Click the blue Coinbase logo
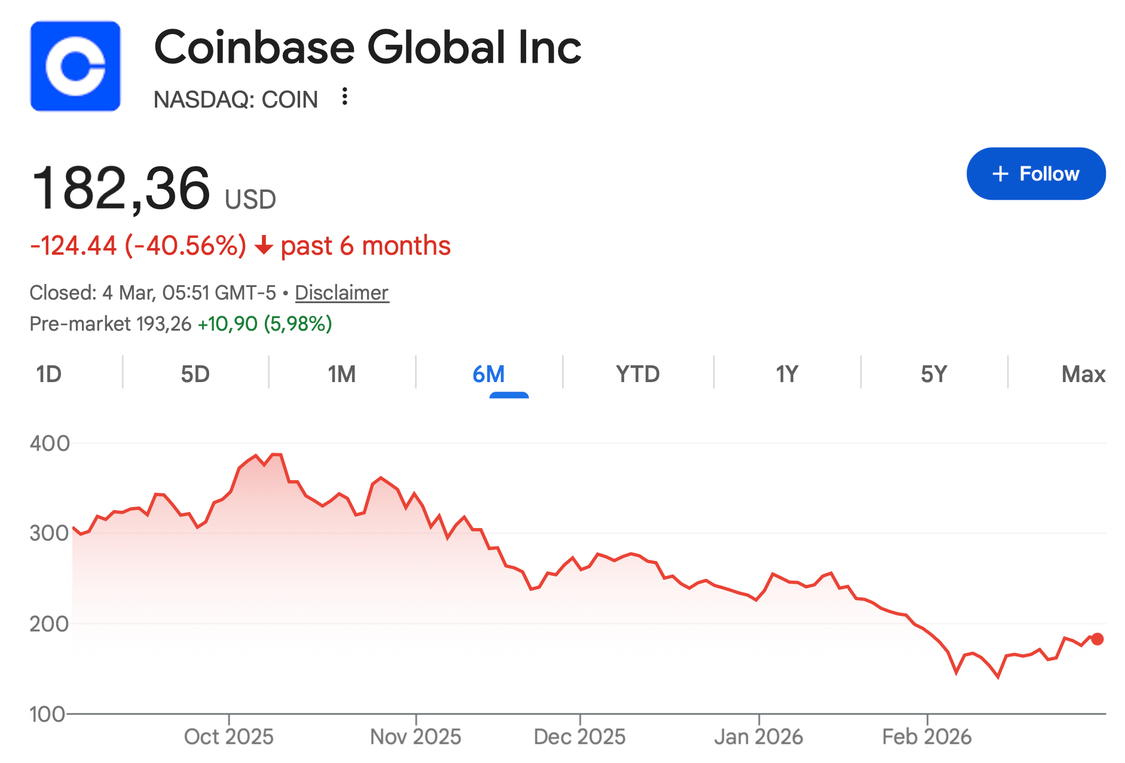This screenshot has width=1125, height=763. click(x=75, y=66)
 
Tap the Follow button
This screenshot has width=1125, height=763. click(x=1035, y=173)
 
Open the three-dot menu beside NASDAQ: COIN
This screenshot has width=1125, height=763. click(x=344, y=97)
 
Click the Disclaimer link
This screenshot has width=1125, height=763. click(x=341, y=293)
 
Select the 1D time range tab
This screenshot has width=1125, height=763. click(x=48, y=374)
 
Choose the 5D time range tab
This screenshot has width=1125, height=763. click(x=195, y=374)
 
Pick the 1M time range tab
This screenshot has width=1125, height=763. click(x=341, y=374)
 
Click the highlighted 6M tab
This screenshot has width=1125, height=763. click(x=488, y=374)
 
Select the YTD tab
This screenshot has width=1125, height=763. click(x=637, y=374)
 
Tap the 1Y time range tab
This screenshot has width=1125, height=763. click(x=787, y=374)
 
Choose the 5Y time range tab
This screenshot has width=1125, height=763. click(x=934, y=374)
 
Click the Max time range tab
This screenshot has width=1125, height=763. click(x=1083, y=374)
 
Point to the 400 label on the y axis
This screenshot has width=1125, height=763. click(x=50, y=443)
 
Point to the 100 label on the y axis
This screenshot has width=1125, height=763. click(x=47, y=714)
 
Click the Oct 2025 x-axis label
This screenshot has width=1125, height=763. click(x=228, y=737)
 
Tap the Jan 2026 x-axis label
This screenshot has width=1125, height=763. click(x=759, y=737)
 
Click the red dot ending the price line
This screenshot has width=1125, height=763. click(x=1098, y=639)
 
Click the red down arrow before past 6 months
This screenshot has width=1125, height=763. click(x=263, y=246)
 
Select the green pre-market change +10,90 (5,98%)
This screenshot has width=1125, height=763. click(x=265, y=324)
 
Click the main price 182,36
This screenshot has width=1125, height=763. click(x=121, y=188)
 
